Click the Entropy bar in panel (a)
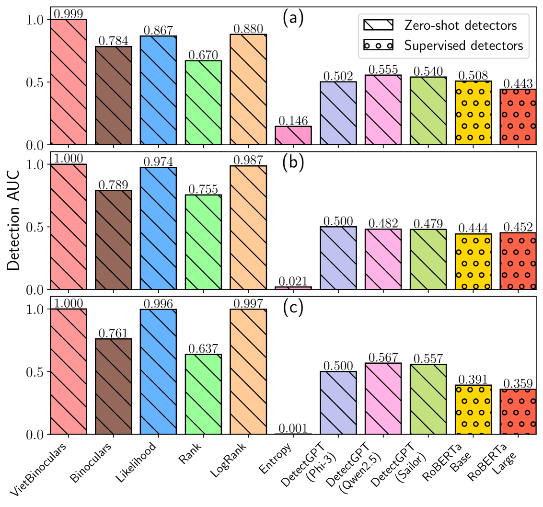(x=293, y=135)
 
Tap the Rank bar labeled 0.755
(x=203, y=242)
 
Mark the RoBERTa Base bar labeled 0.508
(x=473, y=113)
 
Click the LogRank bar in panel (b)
(x=248, y=227)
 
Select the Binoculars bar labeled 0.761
(x=114, y=386)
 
